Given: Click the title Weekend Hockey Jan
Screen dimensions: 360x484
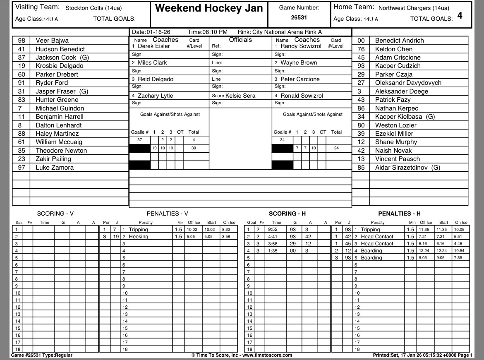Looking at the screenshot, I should point(208,9).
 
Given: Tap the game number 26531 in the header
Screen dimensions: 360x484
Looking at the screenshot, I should point(299,18).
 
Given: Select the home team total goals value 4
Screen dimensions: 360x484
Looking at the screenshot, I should point(460,16).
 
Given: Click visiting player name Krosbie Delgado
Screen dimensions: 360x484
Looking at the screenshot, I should point(59,66).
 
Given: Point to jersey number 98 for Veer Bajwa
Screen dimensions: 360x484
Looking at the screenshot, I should point(22,41).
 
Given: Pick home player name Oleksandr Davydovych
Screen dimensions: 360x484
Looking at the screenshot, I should point(408,83).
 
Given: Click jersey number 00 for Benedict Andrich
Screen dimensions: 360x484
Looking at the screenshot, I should point(361,41).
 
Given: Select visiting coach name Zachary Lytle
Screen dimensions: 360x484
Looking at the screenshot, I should point(155,96).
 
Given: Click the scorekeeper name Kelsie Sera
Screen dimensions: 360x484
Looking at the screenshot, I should point(240,96).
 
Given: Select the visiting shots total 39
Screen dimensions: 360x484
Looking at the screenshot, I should point(194,148).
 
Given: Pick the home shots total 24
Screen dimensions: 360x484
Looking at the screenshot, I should point(336,148).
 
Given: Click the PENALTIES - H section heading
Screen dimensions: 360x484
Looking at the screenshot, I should point(399,214).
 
